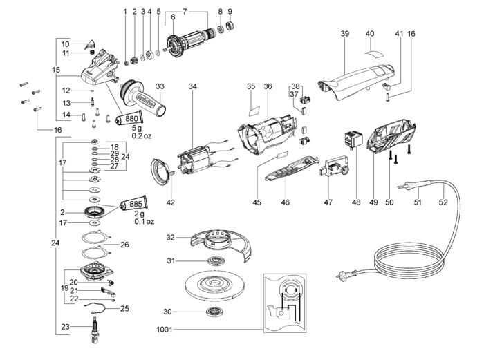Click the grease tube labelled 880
129,118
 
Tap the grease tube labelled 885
133,203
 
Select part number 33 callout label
160,86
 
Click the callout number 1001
164,330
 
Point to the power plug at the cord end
345,274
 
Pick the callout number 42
170,202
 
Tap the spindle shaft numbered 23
95,330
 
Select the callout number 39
345,33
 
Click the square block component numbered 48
353,139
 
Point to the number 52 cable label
443,202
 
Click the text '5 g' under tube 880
137,128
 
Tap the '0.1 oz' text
144,222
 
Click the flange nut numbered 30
215,312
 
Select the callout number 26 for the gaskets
124,245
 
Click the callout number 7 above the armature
185,12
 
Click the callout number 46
285,202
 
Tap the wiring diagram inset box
285,303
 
